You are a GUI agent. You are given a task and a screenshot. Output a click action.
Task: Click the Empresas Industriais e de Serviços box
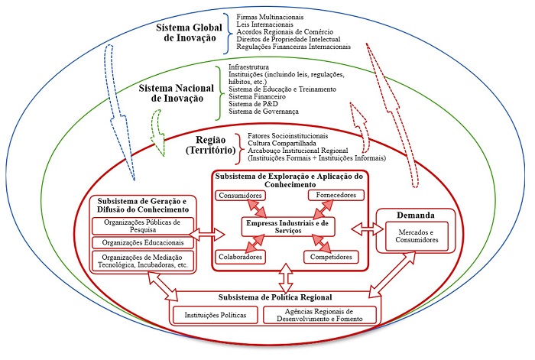[286, 226]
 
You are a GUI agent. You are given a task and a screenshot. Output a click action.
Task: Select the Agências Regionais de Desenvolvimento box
[320, 315]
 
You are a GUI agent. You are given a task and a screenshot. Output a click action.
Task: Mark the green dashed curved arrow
[162, 122]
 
